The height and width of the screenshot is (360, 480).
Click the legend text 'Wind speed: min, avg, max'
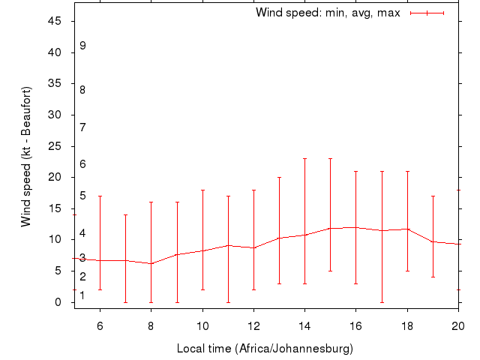[328, 13]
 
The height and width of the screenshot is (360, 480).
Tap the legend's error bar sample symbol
[427, 13]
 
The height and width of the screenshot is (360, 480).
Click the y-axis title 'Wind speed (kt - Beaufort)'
[25, 156]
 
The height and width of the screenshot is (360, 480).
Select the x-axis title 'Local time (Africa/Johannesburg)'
[265, 349]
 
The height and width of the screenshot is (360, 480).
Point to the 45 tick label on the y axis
[55, 21]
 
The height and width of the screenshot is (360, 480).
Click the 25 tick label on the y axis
[55, 146]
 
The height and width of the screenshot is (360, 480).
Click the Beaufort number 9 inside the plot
[82, 46]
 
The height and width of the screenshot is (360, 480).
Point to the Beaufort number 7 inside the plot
[82, 127]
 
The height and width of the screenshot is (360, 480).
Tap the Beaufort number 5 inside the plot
[82, 196]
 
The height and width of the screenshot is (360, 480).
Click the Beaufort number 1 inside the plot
[82, 295]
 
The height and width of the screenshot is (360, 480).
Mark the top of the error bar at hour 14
[304, 158]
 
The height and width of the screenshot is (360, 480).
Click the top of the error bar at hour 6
[100, 196]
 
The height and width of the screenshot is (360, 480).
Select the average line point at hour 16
[356, 227]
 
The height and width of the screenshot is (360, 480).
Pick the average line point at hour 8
[151, 263]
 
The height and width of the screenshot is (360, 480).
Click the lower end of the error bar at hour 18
[407, 271]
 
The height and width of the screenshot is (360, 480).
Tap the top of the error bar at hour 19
[433, 196]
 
